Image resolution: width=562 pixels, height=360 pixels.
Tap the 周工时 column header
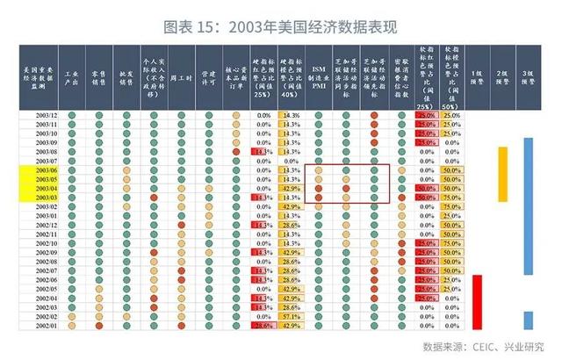(x=180, y=79)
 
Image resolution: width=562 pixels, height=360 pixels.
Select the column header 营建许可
(x=207, y=79)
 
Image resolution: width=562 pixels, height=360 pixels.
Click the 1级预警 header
(x=478, y=79)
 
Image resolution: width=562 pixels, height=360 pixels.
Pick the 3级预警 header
(x=529, y=79)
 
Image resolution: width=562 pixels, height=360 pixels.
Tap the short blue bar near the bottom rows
(x=529, y=320)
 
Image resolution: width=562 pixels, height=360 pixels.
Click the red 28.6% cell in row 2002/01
(x=263, y=325)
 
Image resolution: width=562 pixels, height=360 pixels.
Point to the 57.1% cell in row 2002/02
(x=291, y=315)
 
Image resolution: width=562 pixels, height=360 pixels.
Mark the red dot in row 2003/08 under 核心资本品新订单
(x=234, y=151)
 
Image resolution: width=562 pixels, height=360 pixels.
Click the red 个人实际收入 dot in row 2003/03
(x=154, y=198)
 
